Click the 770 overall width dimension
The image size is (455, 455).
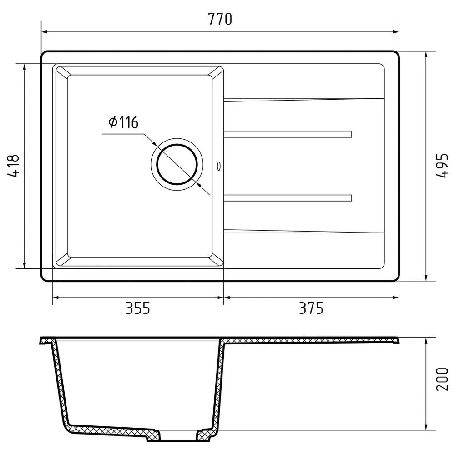coord(220,19)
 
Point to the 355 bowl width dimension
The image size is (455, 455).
coord(137,308)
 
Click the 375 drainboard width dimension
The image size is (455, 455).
coord(311,308)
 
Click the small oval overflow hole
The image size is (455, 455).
coord(219,166)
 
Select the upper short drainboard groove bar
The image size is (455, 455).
coord(288,134)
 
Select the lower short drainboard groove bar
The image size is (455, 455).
coord(288,198)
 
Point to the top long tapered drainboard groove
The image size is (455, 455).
coord(304,99)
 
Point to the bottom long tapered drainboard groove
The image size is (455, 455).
coord(304,232)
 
